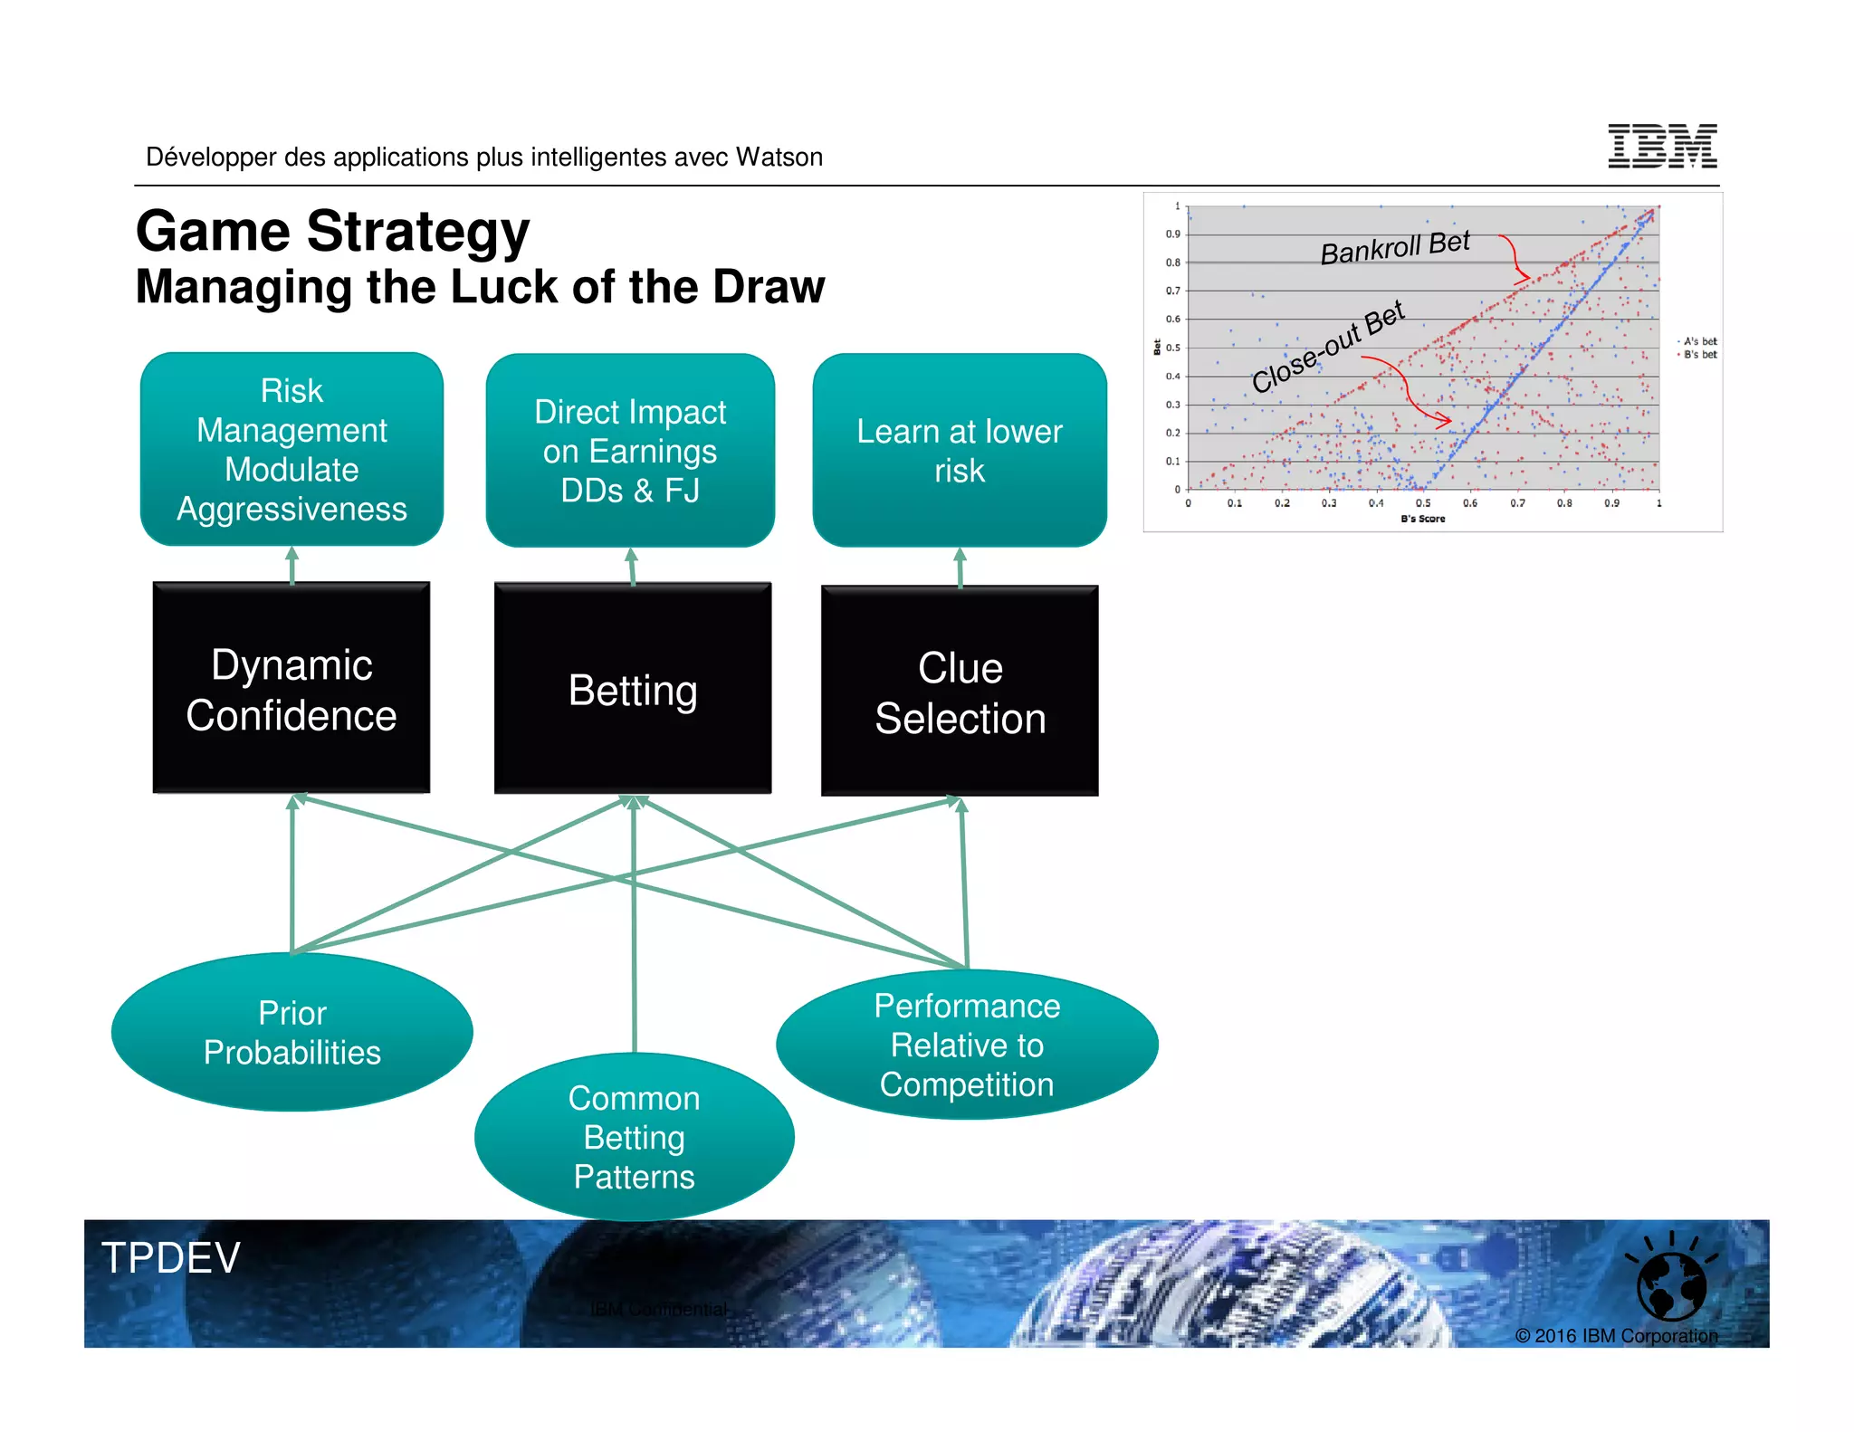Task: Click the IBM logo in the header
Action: tap(1662, 147)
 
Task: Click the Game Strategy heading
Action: tap(332, 232)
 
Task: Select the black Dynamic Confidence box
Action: tap(291, 689)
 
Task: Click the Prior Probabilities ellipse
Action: tap(291, 1033)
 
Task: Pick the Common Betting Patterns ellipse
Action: tap(634, 1137)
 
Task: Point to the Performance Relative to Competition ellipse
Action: tap(967, 1045)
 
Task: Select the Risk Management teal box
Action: tap(291, 450)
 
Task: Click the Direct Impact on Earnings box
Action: tap(630, 451)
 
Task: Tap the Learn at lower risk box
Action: tap(960, 451)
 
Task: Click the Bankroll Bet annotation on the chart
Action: tap(1394, 247)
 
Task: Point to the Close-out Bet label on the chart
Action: tap(1327, 347)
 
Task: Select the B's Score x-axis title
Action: tap(1422, 519)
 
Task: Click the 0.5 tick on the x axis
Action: tap(1423, 503)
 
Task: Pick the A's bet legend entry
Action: tap(1699, 341)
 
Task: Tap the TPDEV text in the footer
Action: tap(171, 1257)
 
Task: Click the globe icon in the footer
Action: tap(1671, 1284)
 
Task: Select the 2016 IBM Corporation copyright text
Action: tap(1616, 1335)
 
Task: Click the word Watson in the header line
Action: tap(779, 158)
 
